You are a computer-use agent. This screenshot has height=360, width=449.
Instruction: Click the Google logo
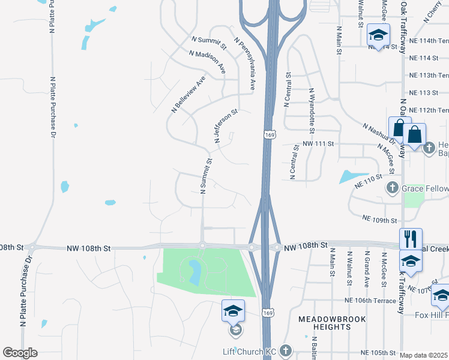click(x=20, y=353)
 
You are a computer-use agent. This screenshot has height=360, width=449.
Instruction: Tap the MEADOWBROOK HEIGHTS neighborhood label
click(x=324, y=323)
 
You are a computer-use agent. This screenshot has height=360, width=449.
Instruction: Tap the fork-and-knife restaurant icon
click(x=411, y=239)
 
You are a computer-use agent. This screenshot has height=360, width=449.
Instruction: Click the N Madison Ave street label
click(x=207, y=61)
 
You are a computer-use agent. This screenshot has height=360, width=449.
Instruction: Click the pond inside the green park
click(x=195, y=272)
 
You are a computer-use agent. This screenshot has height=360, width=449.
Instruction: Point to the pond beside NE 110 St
click(x=346, y=176)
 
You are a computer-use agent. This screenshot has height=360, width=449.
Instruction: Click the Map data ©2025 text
click(x=424, y=355)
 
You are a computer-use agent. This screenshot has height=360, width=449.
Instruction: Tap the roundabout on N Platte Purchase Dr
click(x=34, y=247)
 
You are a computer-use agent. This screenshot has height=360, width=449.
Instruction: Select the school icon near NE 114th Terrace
click(x=379, y=34)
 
